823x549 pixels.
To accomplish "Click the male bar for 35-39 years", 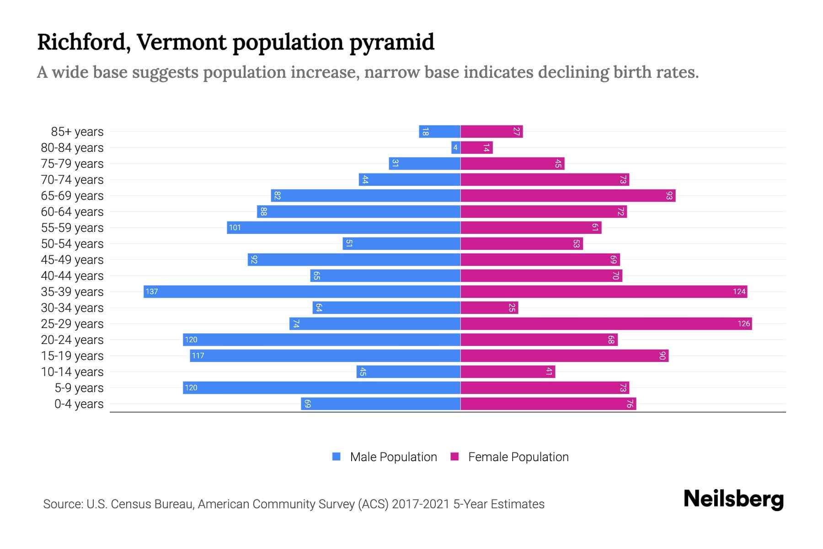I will (x=302, y=291).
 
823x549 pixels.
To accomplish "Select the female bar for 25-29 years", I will (x=606, y=323).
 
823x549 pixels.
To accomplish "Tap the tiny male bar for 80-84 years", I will (x=455, y=147).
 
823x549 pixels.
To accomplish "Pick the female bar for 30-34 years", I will (x=489, y=307).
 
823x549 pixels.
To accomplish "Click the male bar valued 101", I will (x=343, y=227).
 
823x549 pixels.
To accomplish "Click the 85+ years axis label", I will (x=77, y=132).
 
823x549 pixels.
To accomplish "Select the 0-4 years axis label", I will (x=79, y=404).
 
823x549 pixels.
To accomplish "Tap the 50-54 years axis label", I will (x=72, y=244).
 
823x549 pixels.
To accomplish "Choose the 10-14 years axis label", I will (x=72, y=372).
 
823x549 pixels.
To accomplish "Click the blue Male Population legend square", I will (x=337, y=457).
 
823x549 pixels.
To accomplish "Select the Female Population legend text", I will (x=518, y=457).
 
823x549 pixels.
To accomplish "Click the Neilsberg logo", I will (x=733, y=499).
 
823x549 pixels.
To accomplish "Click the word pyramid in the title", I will (x=392, y=42).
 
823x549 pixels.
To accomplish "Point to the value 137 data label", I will (x=152, y=291).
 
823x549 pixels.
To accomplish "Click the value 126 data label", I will (x=743, y=323).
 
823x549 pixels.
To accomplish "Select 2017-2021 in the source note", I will (x=421, y=504).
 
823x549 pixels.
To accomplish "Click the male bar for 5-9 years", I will (x=321, y=388).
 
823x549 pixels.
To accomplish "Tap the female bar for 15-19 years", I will (x=564, y=355).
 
